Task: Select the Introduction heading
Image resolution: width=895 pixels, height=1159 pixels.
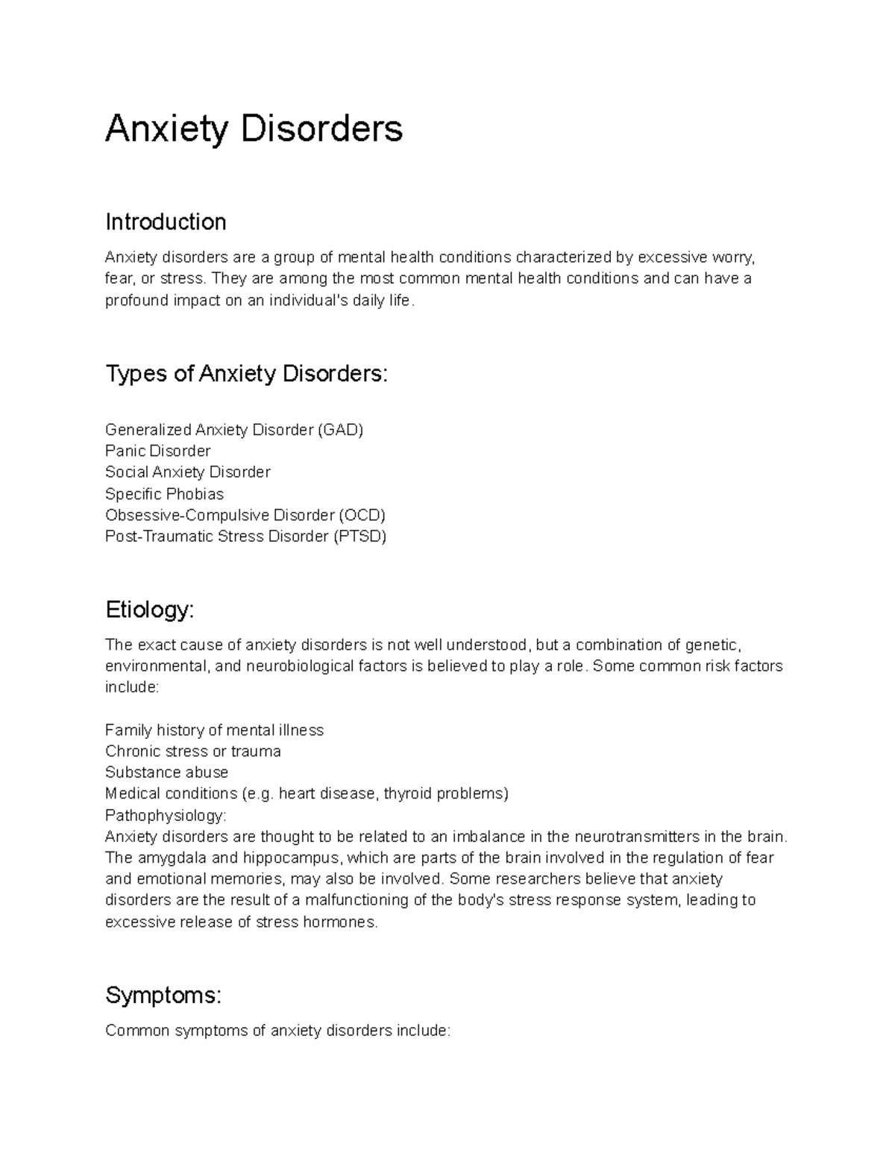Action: [166, 222]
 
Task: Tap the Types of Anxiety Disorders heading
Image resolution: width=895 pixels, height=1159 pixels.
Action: [246, 373]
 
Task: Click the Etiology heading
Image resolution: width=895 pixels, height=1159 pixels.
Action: [149, 610]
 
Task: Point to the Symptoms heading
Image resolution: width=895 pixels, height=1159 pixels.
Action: [163, 995]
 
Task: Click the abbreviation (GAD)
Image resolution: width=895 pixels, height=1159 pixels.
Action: [340, 430]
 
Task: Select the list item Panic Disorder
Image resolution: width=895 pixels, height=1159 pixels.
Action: [157, 451]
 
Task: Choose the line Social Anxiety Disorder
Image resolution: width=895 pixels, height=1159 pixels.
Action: [187, 472]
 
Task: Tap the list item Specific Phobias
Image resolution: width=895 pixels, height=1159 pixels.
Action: [164, 494]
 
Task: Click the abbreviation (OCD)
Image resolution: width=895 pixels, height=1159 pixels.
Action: [361, 515]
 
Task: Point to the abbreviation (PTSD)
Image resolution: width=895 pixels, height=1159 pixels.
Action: [359, 536]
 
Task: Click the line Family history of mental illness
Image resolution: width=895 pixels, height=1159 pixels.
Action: [214, 730]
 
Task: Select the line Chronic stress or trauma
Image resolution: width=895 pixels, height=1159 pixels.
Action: [192, 752]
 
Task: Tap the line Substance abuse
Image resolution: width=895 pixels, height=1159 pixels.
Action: [166, 772]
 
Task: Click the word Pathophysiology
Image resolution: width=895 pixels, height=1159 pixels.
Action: [164, 815]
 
